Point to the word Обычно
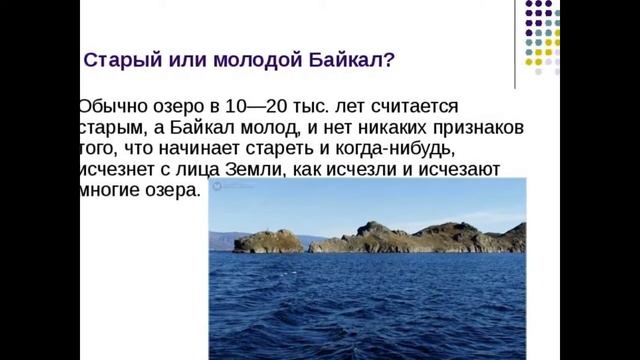[x=111, y=106]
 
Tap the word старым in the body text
[x=104, y=127]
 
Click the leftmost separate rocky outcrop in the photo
[x=269, y=241]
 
